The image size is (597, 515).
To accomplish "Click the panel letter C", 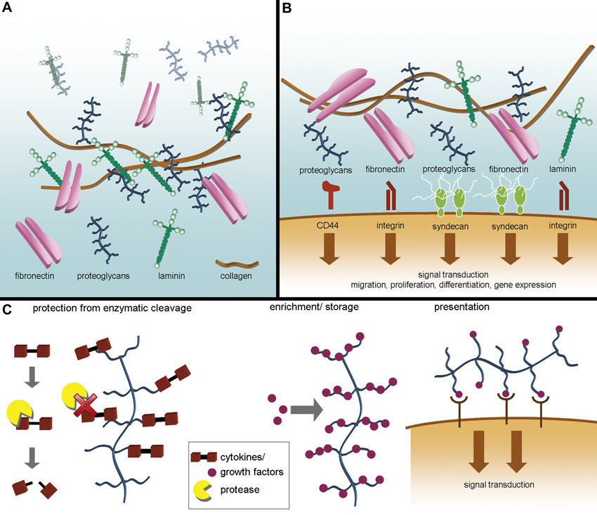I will [x=8, y=310].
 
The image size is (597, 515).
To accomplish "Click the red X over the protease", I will [x=87, y=405].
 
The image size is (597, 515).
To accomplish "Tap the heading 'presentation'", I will [x=463, y=307].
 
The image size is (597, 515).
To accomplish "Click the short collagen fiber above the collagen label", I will [x=235, y=263].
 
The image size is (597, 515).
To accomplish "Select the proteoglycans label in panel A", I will [x=103, y=276].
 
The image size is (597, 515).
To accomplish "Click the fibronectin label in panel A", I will [x=36, y=276].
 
